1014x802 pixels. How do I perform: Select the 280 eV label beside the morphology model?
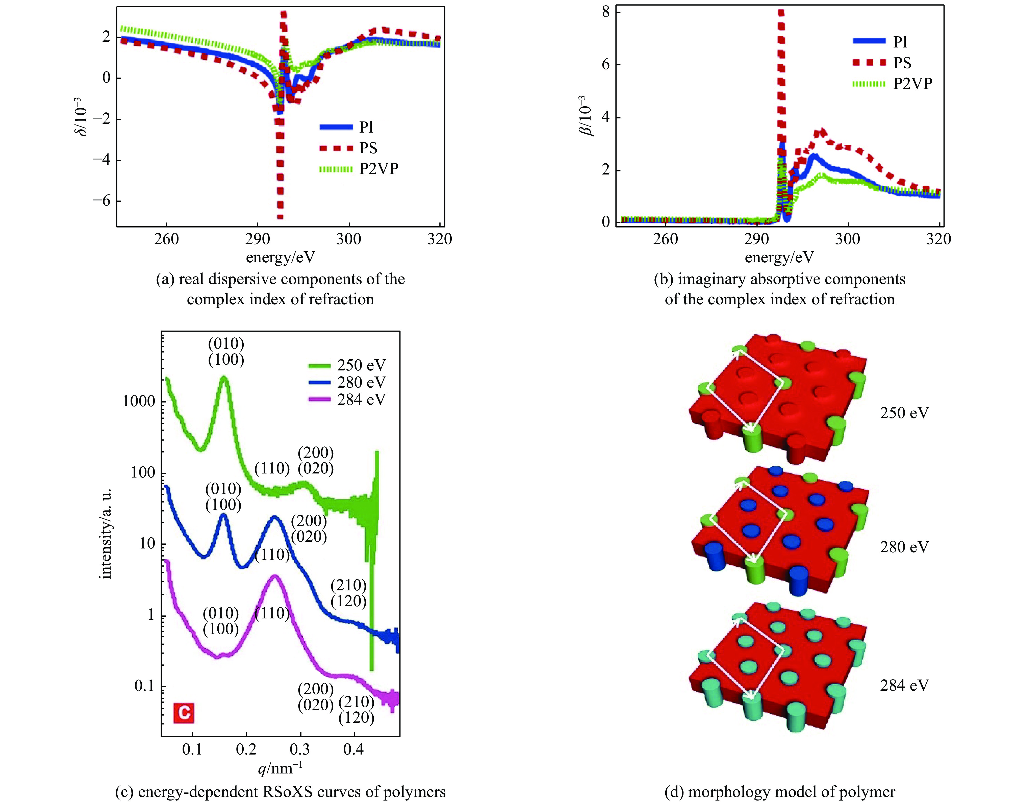[x=904, y=547]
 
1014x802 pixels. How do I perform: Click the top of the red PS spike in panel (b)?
[x=781, y=11]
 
